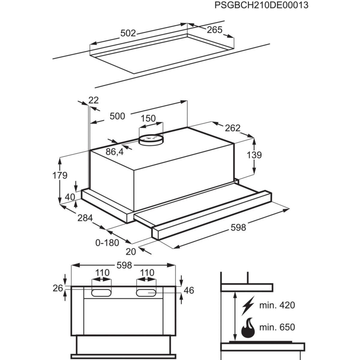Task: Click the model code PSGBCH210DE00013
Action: (x=261, y=5)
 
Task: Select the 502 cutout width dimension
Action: (x=128, y=33)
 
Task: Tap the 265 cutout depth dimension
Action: (x=214, y=30)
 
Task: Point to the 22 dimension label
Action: (x=94, y=100)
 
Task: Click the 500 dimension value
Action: (x=117, y=116)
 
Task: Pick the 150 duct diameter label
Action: (x=148, y=118)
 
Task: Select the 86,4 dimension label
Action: (x=115, y=152)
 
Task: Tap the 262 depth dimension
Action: (x=232, y=128)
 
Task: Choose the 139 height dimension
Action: (x=254, y=155)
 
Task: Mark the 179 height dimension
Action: (x=60, y=175)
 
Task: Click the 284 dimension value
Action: (x=85, y=218)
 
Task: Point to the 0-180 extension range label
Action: (x=107, y=243)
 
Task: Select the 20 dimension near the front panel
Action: (x=131, y=252)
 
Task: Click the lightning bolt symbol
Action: (x=248, y=305)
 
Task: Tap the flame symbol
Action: (x=247, y=327)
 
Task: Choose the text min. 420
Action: (x=277, y=305)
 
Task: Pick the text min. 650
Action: (x=277, y=327)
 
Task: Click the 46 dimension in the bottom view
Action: (x=188, y=290)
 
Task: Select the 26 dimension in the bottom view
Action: (x=58, y=288)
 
